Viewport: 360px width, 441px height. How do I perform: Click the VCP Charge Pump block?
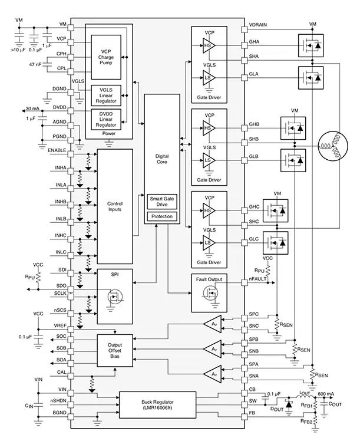click(x=107, y=57)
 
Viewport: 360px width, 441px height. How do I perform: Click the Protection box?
click(x=161, y=216)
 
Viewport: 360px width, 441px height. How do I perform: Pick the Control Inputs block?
click(x=114, y=206)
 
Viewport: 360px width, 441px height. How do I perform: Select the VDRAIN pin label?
click(x=260, y=25)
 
